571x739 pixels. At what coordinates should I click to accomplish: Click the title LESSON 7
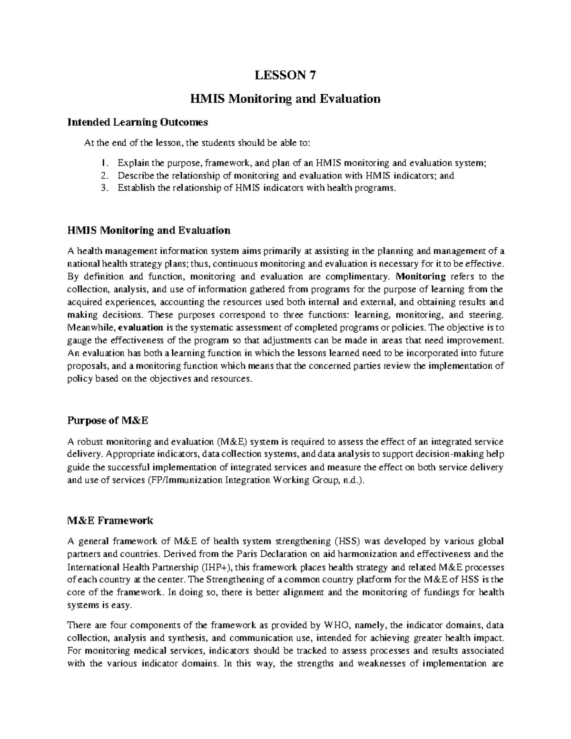click(x=285, y=75)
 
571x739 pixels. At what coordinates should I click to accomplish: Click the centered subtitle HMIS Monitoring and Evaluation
click(x=285, y=99)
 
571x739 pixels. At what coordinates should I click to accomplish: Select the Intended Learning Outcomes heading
click(x=138, y=122)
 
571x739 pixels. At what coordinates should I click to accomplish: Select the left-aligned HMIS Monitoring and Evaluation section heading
click(x=149, y=230)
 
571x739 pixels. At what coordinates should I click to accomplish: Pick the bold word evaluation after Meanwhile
click(x=140, y=328)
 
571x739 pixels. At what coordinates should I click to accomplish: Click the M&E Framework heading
click(x=110, y=520)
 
